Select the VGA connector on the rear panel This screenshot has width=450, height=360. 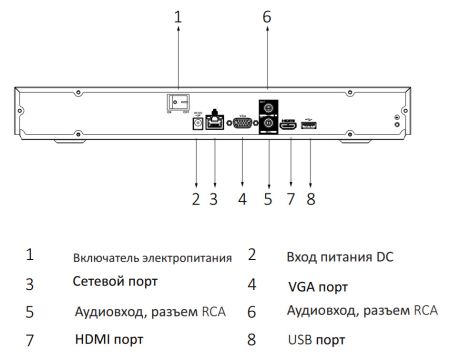point(242,124)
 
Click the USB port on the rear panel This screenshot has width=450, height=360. point(309,124)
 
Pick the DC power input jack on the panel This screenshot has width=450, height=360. point(197,124)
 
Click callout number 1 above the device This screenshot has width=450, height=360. point(178,16)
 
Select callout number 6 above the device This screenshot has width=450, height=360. point(267,16)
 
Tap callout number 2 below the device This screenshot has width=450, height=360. point(196,200)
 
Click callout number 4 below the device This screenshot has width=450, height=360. point(241,200)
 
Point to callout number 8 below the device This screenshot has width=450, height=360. point(310,200)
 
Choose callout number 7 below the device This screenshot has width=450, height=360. point(290,200)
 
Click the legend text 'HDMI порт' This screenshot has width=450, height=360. point(109,340)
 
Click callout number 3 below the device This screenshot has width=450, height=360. point(213,200)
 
